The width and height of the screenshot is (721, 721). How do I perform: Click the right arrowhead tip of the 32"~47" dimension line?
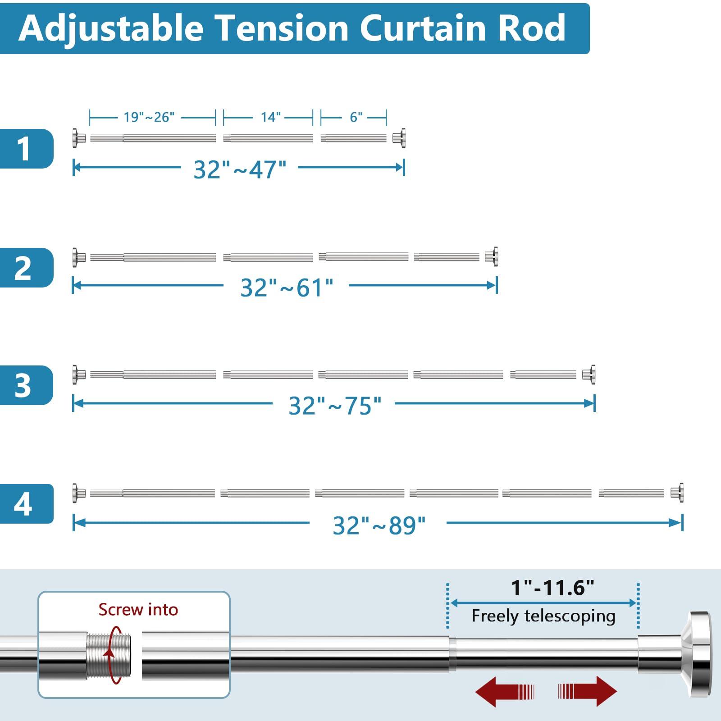click(x=403, y=168)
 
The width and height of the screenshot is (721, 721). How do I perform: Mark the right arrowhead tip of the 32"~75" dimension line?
click(x=594, y=403)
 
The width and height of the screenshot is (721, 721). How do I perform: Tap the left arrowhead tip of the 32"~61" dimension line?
click(x=73, y=285)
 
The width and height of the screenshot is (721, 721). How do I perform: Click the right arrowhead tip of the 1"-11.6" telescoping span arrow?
click(x=636, y=602)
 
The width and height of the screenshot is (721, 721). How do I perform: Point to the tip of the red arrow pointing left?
click(x=475, y=691)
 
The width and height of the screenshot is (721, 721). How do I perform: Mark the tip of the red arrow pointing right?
click(x=617, y=691)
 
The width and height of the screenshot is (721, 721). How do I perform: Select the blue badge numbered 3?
click(x=26, y=385)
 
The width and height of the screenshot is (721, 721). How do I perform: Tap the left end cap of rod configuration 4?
click(x=78, y=493)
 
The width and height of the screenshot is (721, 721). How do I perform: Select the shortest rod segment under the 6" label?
click(x=354, y=138)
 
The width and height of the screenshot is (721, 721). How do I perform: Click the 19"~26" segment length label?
click(x=149, y=118)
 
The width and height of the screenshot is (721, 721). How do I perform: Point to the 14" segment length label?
click(x=271, y=118)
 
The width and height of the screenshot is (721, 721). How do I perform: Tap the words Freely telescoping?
click(x=543, y=616)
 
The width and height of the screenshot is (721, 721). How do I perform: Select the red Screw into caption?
click(x=138, y=610)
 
